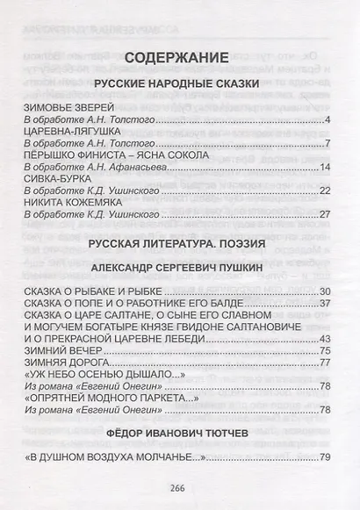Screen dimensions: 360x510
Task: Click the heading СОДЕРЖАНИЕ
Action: point(179,59)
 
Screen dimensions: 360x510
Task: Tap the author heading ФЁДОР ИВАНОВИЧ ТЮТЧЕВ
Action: point(179,432)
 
